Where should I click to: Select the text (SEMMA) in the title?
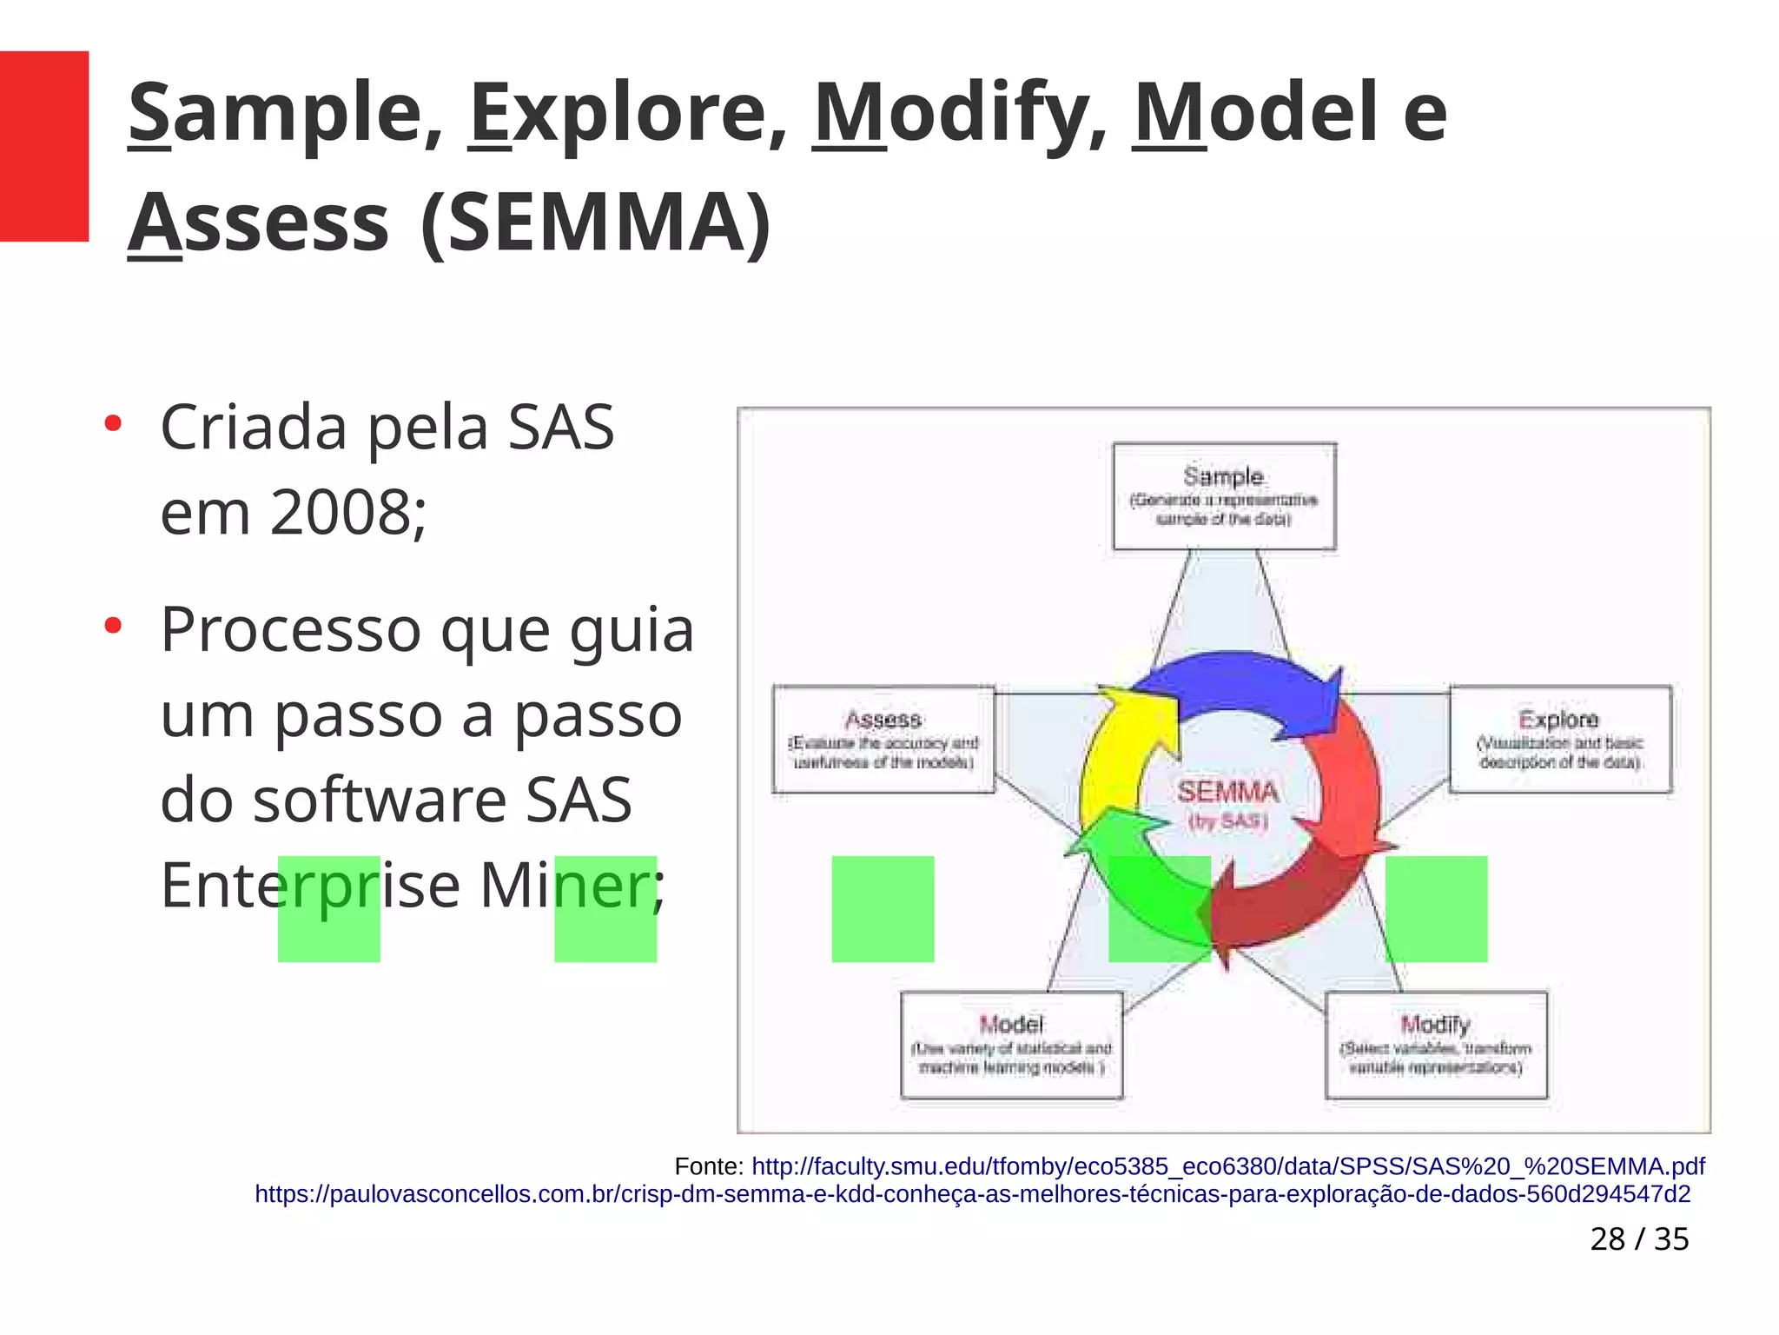(596, 223)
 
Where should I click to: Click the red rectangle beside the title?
(43, 146)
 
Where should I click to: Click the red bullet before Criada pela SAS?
(113, 424)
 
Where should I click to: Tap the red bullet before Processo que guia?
(113, 626)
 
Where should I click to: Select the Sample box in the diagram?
(1224, 496)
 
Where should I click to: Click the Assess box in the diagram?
(883, 740)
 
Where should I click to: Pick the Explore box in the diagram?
(1560, 739)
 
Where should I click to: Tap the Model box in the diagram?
(1011, 1045)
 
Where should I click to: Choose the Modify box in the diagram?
(1436, 1045)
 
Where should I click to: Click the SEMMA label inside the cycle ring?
(1227, 792)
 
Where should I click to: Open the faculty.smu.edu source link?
(1227, 1166)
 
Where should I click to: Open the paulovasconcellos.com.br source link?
(972, 1194)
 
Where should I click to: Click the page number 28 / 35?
(1639, 1239)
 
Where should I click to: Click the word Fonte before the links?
(707, 1166)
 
